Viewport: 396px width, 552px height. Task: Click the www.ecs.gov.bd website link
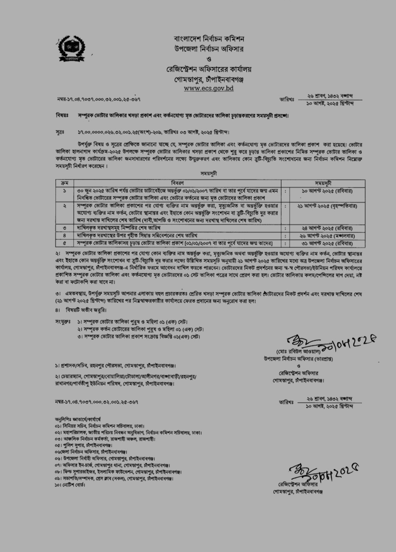209,88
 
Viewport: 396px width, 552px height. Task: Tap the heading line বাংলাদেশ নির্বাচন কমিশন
209,39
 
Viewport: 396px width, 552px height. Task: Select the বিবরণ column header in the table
177,183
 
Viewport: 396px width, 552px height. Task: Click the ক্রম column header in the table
64,183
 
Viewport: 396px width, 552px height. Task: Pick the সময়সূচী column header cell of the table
323,183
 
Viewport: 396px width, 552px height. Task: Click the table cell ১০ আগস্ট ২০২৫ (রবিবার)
327,190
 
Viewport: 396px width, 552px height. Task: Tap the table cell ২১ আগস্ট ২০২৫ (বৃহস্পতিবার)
327,206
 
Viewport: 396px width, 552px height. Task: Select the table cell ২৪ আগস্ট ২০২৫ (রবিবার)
327,228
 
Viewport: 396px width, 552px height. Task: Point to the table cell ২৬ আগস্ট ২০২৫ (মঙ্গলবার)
327,236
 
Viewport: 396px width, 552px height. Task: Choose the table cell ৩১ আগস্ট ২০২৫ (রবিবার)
327,243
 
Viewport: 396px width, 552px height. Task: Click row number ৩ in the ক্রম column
64,228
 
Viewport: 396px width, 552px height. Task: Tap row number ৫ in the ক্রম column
64,243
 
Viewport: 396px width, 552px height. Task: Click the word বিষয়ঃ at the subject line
62,115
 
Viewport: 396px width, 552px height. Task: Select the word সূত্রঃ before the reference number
60,132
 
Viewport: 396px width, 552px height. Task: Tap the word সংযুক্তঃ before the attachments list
63,321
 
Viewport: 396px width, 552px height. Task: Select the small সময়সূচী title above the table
209,173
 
